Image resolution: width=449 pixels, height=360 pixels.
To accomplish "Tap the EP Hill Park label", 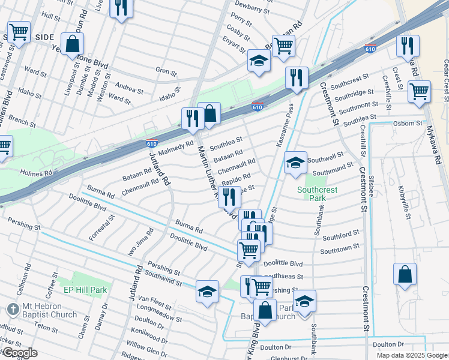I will point(85,290).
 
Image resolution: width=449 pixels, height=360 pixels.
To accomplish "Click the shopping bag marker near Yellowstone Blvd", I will point(72,44).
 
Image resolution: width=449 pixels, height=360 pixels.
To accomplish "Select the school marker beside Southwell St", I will point(295,163).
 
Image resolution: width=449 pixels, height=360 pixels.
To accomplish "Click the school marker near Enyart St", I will point(259,61).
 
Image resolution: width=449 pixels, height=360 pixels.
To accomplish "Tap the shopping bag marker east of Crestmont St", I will point(405,274).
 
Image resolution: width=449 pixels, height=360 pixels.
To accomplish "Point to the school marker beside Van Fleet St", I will point(207,292).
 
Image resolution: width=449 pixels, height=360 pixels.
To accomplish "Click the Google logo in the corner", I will point(20,353).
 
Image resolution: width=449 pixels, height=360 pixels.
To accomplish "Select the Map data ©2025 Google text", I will point(411,355).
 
